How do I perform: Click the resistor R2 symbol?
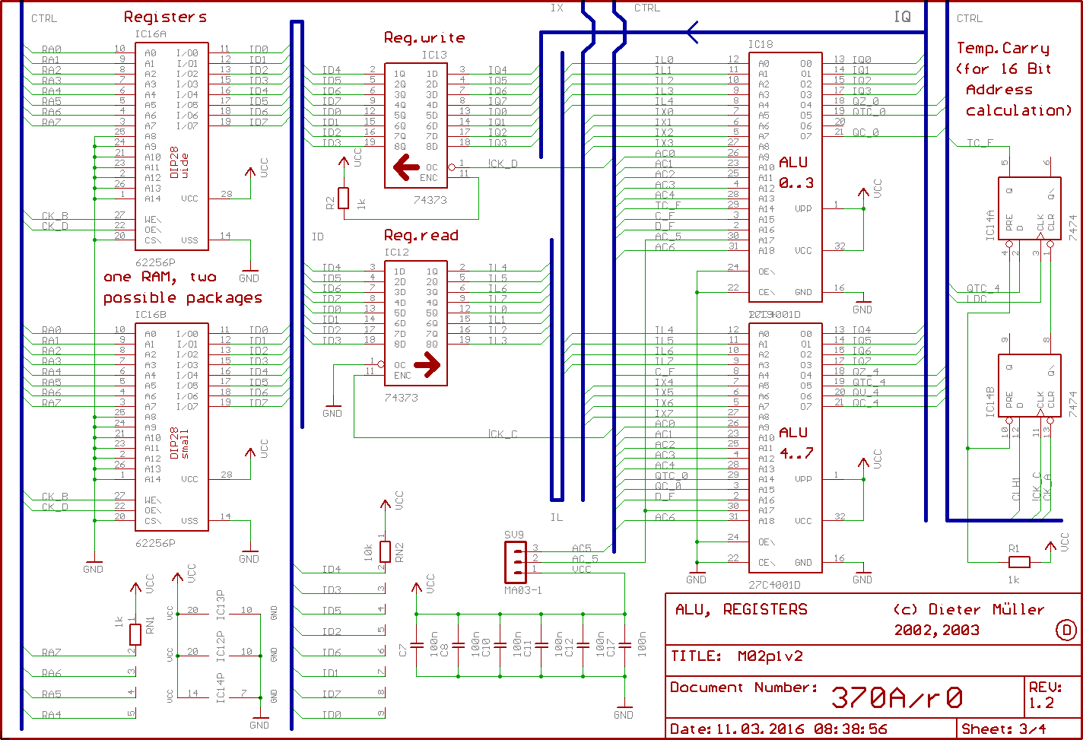pyautogui.click(x=343, y=198)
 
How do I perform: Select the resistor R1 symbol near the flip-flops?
pyautogui.click(x=1018, y=562)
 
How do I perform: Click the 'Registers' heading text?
pyautogui.click(x=165, y=17)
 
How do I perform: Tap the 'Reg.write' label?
pyautogui.click(x=424, y=37)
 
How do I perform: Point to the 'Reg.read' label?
pyautogui.click(x=421, y=235)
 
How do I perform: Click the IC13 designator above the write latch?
pyautogui.click(x=434, y=56)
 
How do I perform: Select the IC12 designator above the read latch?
pyautogui.click(x=397, y=252)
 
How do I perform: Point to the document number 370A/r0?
pyautogui.click(x=897, y=697)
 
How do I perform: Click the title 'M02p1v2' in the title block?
pyautogui.click(x=770, y=656)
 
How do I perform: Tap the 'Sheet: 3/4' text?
pyautogui.click(x=1003, y=728)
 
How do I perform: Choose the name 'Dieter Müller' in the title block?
pyautogui.click(x=987, y=609)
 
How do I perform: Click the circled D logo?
pyautogui.click(x=1066, y=630)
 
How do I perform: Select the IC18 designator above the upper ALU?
pyautogui.click(x=760, y=44)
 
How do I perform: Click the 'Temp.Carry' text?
pyautogui.click(x=1002, y=49)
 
